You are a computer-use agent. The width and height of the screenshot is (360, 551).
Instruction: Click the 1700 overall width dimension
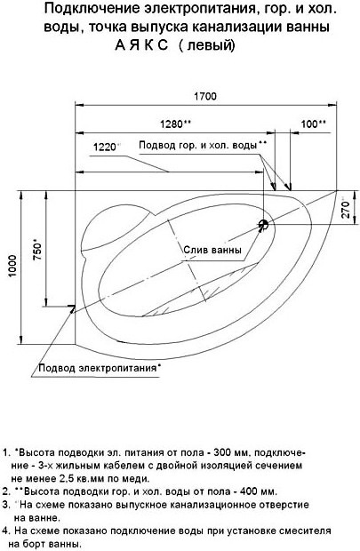click(x=205, y=96)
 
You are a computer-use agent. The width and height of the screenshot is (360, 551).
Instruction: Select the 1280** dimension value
click(x=175, y=124)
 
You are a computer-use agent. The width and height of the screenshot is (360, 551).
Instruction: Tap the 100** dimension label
click(x=313, y=124)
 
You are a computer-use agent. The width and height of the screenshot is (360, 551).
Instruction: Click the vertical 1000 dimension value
click(x=12, y=266)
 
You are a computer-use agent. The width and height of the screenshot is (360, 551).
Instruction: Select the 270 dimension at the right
click(x=346, y=209)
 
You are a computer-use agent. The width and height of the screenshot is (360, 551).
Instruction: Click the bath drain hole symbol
click(x=263, y=224)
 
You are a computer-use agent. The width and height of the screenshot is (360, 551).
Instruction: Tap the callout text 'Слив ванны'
click(x=212, y=251)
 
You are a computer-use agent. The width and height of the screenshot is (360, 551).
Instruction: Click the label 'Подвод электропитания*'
click(x=100, y=368)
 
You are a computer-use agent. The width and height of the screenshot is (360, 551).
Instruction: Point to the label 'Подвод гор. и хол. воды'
click(x=198, y=145)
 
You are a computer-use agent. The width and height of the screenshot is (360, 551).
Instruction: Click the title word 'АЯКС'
click(x=141, y=45)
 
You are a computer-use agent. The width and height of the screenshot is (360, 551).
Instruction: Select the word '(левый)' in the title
click(x=207, y=46)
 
